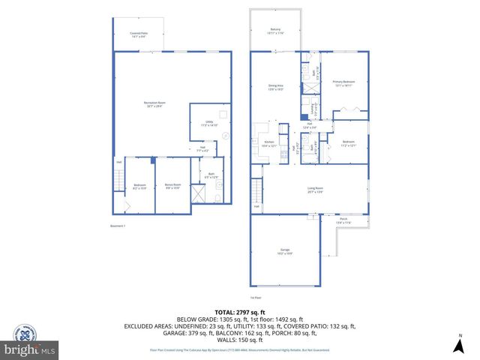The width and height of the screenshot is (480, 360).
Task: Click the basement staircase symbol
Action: coord(118,180)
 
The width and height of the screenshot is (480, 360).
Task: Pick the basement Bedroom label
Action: coord(140,186)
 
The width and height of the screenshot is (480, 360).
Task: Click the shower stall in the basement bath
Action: coord(198,194)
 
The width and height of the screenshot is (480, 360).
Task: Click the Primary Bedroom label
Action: coord(344,83)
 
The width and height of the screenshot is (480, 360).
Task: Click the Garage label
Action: coord(285,251)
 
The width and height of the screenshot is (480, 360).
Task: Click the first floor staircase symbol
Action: coord(257,190)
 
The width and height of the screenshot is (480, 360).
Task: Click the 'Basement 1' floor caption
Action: coord(118,226)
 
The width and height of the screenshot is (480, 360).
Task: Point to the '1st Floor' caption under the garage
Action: coord(287,298)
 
